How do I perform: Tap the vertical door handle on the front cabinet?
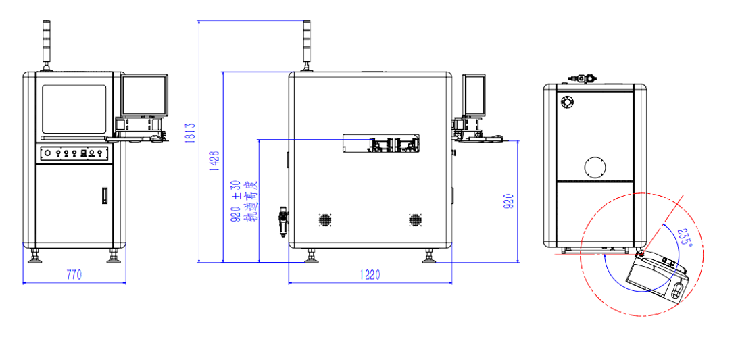[x=104, y=195]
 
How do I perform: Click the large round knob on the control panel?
[x=47, y=153]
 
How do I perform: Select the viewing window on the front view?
[x=74, y=109]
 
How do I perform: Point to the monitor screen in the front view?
[x=145, y=95]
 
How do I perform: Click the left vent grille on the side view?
[x=325, y=220]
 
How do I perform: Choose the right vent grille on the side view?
[x=414, y=220]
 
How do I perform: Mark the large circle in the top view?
[x=595, y=166]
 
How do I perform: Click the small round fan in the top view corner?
[x=566, y=102]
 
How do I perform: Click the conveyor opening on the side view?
[x=381, y=143]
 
